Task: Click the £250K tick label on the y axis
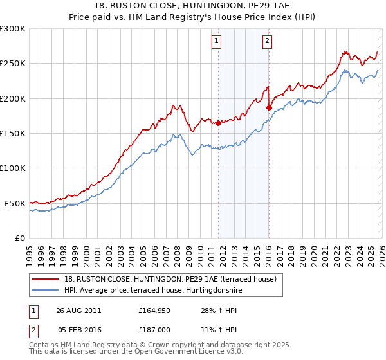13,64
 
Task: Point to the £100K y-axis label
13,168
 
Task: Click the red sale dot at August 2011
218,123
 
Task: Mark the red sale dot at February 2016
269,107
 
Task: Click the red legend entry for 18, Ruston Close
170,278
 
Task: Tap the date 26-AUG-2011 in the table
78,310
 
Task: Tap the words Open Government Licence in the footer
181,352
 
